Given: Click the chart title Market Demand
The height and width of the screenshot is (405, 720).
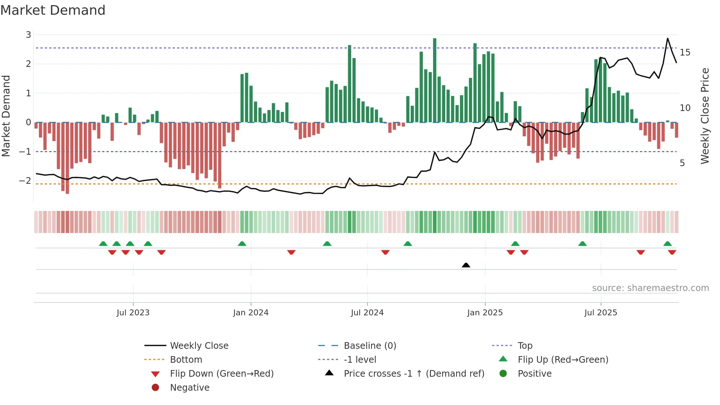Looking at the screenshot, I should coord(53,10).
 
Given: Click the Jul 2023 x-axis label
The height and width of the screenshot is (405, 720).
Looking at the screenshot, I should coord(133,313).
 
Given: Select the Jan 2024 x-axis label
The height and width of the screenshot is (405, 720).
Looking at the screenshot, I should coord(251,313).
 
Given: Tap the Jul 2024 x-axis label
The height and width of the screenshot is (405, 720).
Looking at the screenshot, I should coord(367,313).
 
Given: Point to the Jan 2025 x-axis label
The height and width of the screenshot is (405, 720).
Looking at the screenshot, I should coord(485,313).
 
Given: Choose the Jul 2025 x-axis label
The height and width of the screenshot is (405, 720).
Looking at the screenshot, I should coord(601,313).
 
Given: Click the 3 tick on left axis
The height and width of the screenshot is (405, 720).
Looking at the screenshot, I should coord(28,35).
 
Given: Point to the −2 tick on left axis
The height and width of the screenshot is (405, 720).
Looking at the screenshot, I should coord(25,181).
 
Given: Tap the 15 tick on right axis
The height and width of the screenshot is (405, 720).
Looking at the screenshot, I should coord(685,53).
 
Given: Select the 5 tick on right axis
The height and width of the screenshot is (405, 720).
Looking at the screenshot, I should coord(682,163).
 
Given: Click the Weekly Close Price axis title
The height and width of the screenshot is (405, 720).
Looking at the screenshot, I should coord(705,116).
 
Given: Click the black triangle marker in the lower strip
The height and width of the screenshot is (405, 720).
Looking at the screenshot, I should coord(466,265).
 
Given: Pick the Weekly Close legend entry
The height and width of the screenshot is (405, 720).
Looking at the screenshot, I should coord(199,346).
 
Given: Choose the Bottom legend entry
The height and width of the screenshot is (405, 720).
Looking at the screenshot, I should coord(186,360).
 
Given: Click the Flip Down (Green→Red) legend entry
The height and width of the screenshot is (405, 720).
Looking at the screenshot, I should coord(222,374).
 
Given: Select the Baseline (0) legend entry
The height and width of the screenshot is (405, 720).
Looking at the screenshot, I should coord(370,346).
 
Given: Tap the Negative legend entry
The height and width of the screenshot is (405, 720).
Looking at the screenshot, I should coord(190,388).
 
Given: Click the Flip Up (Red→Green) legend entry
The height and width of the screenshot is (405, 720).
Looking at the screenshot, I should coord(563,360).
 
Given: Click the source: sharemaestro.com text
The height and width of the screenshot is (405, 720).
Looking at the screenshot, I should coord(650,288).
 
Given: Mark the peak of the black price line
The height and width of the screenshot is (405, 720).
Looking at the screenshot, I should coord(667,38).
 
